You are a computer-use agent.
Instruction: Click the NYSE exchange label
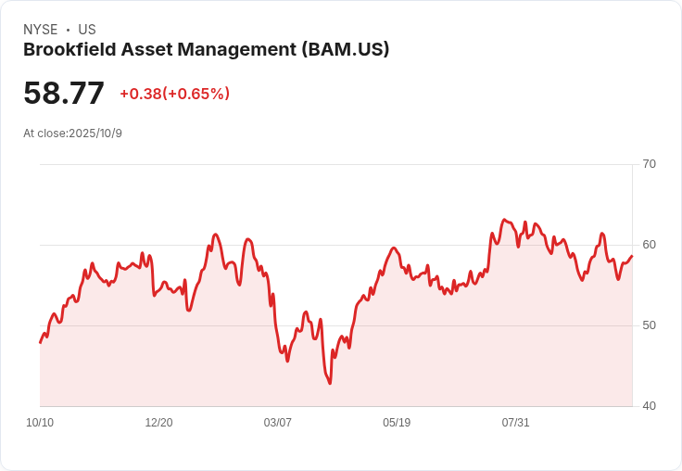(40, 30)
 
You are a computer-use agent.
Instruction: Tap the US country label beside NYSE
(87, 30)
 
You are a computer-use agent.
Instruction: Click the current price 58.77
(64, 93)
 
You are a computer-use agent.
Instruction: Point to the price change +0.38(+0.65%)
(174, 94)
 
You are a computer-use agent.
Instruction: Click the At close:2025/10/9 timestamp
(72, 134)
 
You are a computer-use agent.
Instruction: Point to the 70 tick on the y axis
(649, 164)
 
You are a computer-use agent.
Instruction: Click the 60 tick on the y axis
(649, 245)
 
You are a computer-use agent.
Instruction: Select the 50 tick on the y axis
(649, 325)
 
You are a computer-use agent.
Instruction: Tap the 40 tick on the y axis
(649, 406)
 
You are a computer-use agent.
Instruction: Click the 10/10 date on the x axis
(40, 423)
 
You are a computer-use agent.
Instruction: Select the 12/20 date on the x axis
(158, 423)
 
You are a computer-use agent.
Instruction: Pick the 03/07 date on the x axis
(277, 423)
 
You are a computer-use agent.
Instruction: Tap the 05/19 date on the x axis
(397, 423)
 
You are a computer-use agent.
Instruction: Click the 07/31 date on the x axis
(515, 423)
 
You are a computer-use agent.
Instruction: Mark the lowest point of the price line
(330, 384)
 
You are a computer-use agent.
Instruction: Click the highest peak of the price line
(504, 220)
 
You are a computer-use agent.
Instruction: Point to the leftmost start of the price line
(40, 343)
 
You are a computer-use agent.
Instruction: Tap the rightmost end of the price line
(632, 256)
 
